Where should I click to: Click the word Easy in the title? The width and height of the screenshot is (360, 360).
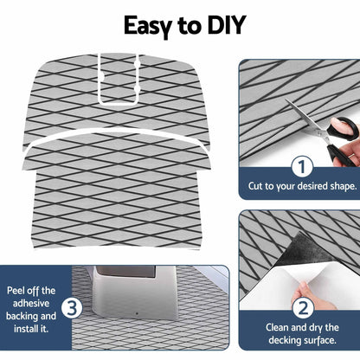pos(148,27)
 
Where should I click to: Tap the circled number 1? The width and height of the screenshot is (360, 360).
pos(302,167)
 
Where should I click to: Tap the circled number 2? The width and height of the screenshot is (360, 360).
pos(303,308)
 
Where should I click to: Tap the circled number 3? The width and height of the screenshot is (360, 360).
pos(72,307)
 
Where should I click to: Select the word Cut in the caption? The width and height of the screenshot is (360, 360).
pos(255,186)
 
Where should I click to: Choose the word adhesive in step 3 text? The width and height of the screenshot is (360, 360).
pos(31,303)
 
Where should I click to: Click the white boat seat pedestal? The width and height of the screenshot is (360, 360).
pos(136,292)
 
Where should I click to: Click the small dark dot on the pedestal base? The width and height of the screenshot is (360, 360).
pos(137,313)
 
